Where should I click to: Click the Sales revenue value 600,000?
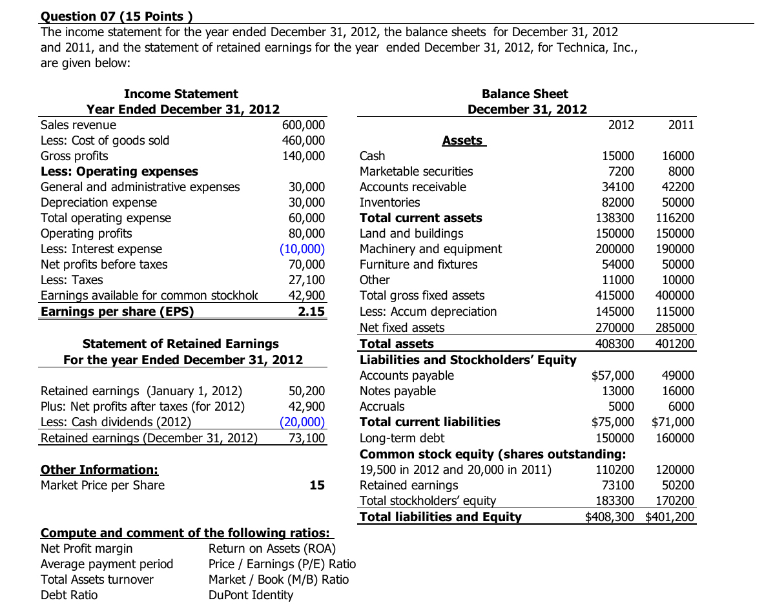[304, 125]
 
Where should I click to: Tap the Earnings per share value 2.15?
[312, 311]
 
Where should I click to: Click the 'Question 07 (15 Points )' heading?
[117, 16]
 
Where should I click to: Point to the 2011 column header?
[681, 125]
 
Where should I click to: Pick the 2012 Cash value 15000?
[618, 156]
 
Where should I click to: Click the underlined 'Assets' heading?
[462, 140]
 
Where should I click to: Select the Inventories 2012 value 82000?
[618, 202]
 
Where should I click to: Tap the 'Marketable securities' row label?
[416, 171]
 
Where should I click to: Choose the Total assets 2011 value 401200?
[675, 344]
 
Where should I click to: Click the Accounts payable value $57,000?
[613, 375]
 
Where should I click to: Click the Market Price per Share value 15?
[316, 485]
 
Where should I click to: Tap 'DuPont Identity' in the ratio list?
[251, 595]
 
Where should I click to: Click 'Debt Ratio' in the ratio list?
[69, 595]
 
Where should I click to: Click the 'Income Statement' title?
[181, 94]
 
